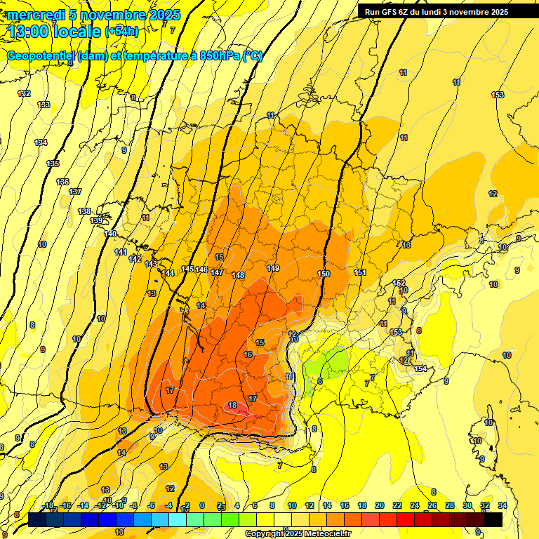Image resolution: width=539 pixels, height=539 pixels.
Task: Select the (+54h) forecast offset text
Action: pyautogui.click(x=121, y=32)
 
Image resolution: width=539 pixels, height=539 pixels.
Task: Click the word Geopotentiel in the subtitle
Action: pyautogui.click(x=41, y=56)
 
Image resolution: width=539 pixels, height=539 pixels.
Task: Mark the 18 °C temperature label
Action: pyautogui.click(x=232, y=405)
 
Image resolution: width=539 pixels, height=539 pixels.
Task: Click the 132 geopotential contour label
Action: pyautogui.click(x=25, y=93)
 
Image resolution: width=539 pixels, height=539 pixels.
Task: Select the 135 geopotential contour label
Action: pyautogui.click(x=53, y=164)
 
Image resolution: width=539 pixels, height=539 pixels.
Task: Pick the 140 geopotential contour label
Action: pyautogui.click(x=110, y=234)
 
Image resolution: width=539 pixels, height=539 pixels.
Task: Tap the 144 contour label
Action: pyautogui.click(x=168, y=273)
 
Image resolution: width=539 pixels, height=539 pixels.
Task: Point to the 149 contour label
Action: pyautogui.click(x=273, y=268)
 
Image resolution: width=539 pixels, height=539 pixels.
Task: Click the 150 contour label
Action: pyautogui.click(x=324, y=274)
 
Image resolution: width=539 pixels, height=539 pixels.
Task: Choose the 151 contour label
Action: pyautogui.click(x=360, y=272)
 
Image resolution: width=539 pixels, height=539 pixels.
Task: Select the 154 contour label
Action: pyautogui.click(x=420, y=368)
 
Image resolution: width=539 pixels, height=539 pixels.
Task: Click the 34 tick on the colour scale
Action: pyautogui.click(x=502, y=505)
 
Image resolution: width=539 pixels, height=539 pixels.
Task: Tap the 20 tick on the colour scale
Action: pyautogui.click(x=379, y=505)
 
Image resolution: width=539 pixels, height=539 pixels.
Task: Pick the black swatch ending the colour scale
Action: pyautogui.click(x=493, y=519)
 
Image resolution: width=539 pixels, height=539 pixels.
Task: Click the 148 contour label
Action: pyautogui.click(x=238, y=275)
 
